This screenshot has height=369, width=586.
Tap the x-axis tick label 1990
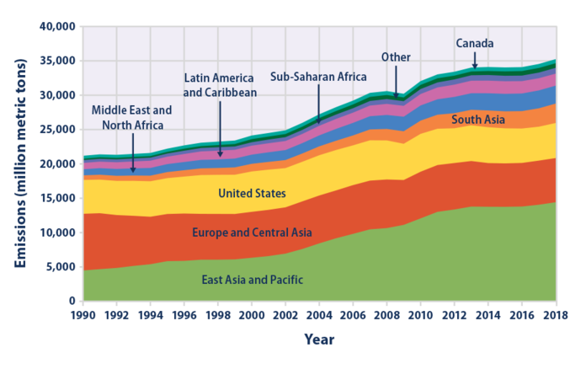point(84,315)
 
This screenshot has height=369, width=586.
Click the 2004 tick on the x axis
point(319,315)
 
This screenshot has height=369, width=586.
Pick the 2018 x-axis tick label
point(553,315)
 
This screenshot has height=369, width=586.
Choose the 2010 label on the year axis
point(419,315)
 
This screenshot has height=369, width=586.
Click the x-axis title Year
point(319,340)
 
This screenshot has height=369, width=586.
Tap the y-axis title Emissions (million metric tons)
point(19,163)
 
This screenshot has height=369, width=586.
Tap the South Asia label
point(478,120)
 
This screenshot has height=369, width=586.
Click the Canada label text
point(475,43)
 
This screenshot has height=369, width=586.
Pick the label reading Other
point(396,56)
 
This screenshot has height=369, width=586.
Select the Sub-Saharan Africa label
point(318,76)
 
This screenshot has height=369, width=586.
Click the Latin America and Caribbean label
point(220,83)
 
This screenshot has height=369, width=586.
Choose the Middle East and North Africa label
point(131,116)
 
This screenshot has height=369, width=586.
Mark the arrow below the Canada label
point(475,61)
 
